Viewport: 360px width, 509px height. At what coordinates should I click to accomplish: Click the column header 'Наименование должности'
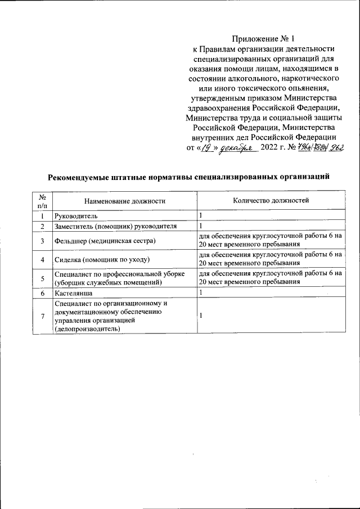(124, 200)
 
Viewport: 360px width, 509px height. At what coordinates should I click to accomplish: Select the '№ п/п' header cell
(42, 200)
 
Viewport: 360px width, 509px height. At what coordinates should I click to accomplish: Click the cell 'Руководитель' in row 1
(76, 215)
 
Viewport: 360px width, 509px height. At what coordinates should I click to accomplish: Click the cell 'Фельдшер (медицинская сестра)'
(105, 241)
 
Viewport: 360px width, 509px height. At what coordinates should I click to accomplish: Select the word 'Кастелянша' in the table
(74, 293)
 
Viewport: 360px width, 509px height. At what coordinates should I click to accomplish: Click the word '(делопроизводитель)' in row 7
(88, 329)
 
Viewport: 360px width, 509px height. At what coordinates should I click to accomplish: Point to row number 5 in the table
(42, 278)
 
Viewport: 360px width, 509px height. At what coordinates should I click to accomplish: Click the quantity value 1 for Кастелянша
(201, 293)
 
